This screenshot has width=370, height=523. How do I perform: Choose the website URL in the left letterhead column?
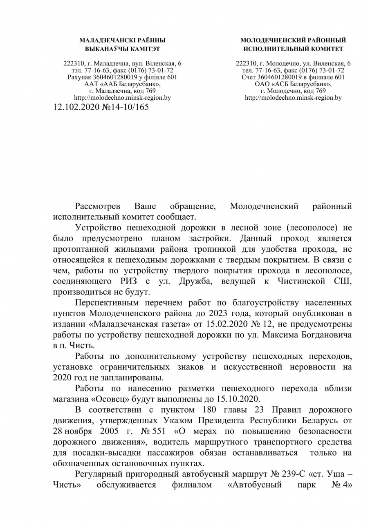(122, 98)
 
